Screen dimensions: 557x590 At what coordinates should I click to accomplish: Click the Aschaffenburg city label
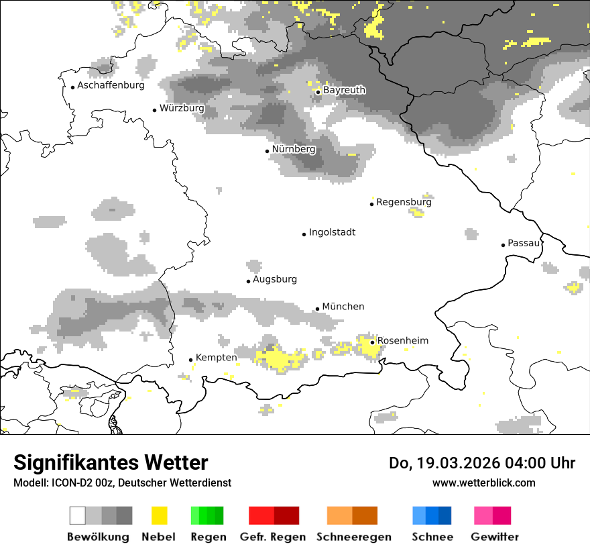[111, 85]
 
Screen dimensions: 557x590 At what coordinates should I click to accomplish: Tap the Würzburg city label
[182, 108]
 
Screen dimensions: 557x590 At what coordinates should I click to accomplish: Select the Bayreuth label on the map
[344, 90]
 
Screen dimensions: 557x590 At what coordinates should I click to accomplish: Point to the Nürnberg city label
[293, 149]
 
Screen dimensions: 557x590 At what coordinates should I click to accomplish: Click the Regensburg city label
[404, 201]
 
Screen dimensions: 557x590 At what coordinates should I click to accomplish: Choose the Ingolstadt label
[332, 232]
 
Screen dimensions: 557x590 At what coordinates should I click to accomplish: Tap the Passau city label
[524, 243]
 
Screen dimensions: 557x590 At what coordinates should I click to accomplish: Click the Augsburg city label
[274, 279]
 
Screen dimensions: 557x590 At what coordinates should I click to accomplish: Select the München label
[343, 307]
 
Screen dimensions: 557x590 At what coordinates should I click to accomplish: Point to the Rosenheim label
[402, 341]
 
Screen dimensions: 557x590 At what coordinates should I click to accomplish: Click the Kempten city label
[216, 358]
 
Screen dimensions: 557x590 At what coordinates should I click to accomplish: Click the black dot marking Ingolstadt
[304, 234]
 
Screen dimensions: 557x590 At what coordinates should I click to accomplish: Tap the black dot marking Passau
[503, 245]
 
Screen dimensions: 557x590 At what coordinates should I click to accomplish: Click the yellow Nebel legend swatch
[159, 515]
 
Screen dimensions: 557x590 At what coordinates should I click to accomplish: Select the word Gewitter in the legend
[494, 537]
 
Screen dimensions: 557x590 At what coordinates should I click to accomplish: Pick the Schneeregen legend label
[353, 537]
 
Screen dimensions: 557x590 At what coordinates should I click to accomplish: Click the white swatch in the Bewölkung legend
[78, 515]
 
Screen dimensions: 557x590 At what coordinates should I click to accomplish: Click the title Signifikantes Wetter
[111, 462]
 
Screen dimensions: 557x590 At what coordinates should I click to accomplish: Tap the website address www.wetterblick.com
[483, 483]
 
